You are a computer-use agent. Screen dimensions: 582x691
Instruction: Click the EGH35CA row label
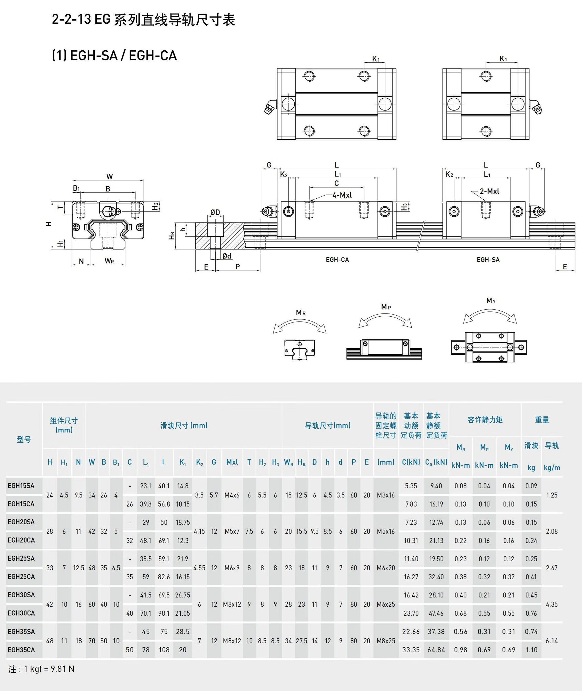21,650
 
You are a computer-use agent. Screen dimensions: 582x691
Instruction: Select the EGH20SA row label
21,522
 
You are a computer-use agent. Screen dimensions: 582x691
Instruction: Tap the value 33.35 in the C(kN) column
411,650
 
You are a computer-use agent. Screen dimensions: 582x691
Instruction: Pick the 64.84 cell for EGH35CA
436,650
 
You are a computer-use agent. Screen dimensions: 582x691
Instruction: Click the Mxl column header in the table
232,462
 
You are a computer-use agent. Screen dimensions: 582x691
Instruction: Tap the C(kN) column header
411,462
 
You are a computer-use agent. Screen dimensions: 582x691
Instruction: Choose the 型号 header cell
24,439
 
